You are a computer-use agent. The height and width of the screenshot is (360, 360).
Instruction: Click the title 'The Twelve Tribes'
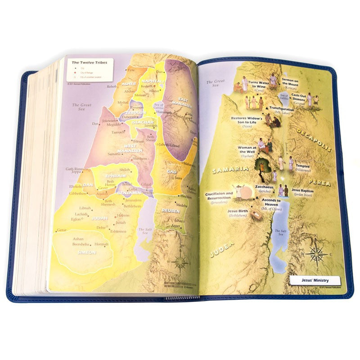[90, 63]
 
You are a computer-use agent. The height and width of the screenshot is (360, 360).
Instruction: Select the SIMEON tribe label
[87, 252]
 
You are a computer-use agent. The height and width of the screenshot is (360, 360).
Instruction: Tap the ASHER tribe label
[129, 84]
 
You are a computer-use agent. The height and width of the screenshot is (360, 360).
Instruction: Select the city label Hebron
[123, 215]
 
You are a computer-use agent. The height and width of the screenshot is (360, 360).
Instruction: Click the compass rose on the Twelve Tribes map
[181, 261]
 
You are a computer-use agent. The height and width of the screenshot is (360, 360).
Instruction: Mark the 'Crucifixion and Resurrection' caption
[219, 196]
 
